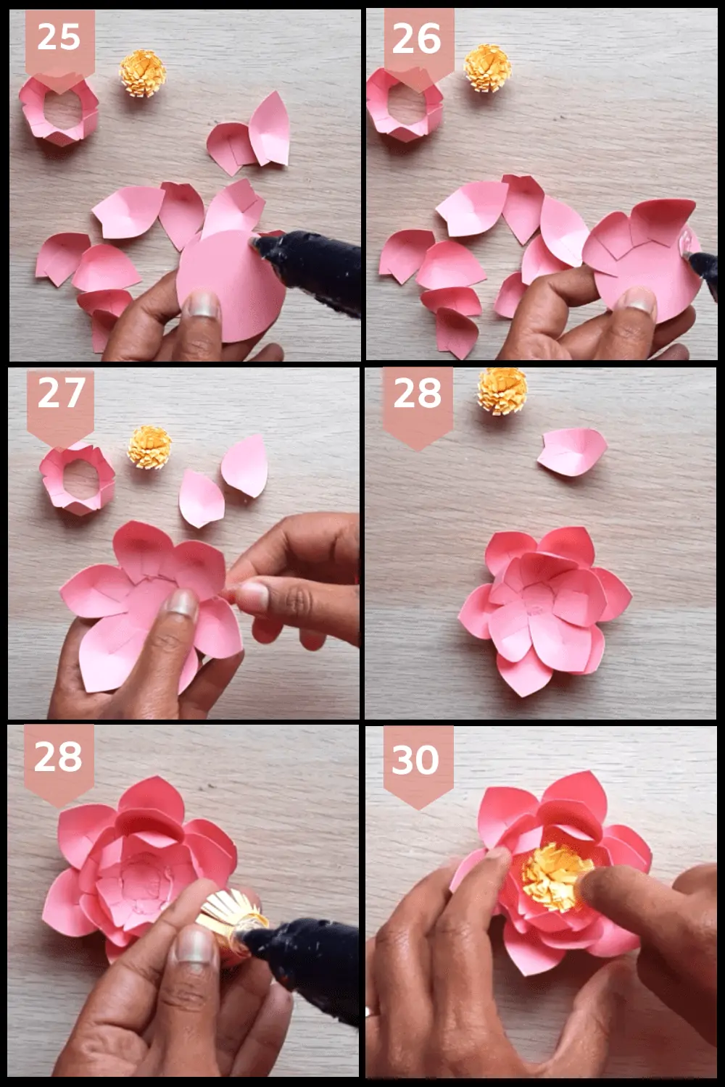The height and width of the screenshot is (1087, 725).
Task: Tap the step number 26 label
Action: (417, 38)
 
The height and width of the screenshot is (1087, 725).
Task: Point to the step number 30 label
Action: (416, 759)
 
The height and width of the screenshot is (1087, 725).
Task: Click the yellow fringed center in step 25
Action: (143, 72)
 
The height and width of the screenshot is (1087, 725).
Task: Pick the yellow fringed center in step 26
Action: (486, 68)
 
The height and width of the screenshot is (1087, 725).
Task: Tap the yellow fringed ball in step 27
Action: (149, 447)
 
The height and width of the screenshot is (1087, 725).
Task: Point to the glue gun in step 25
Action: (312, 265)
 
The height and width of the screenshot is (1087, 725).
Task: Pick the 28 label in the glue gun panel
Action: (58, 757)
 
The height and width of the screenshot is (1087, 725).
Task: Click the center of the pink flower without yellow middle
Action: (540, 605)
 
